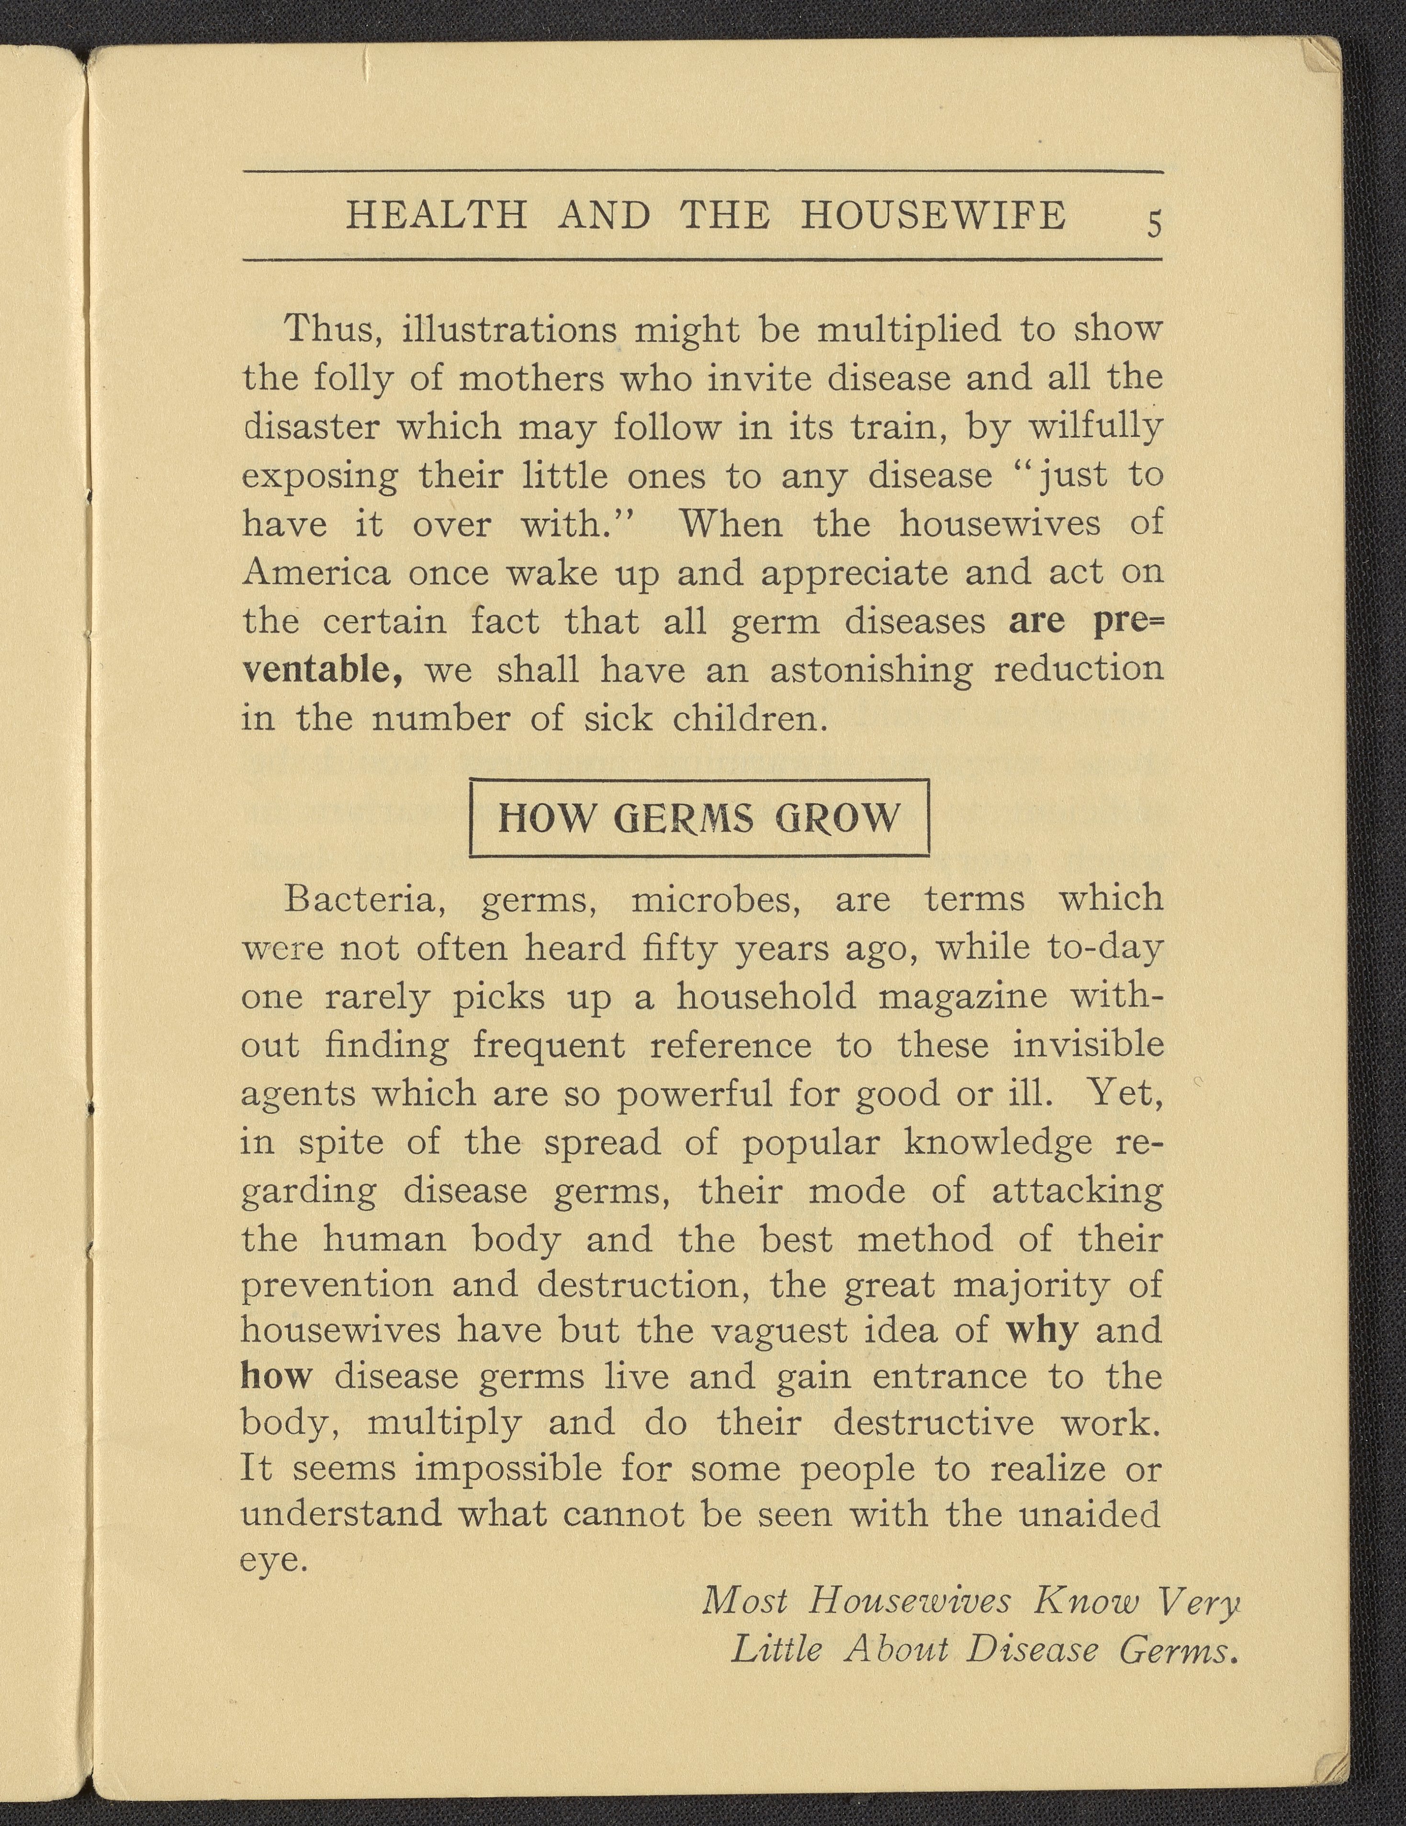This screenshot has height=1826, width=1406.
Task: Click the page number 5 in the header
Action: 1154,224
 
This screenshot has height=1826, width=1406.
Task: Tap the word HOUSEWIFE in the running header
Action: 934,215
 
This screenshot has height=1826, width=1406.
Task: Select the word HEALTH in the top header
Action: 436,215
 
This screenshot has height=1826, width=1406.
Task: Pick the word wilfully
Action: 1094,427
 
